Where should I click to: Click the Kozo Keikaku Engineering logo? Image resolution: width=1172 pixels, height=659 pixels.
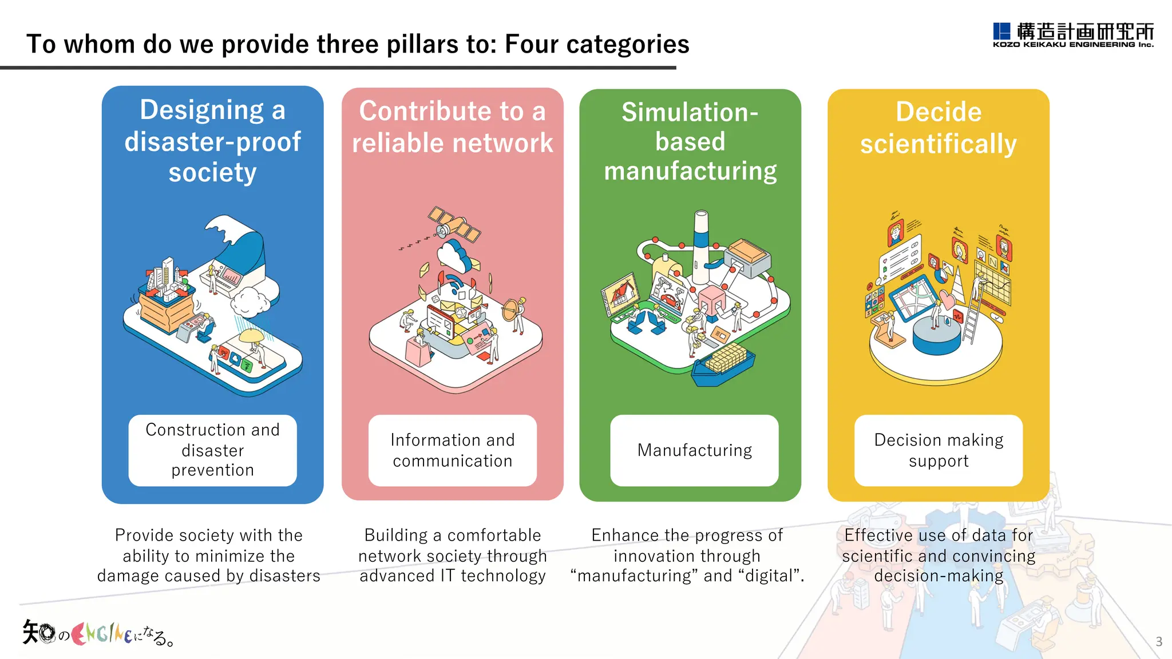pos(1073,35)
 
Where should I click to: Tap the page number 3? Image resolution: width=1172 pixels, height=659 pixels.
pos(1159,641)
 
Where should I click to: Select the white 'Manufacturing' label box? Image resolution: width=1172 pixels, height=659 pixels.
pos(694,450)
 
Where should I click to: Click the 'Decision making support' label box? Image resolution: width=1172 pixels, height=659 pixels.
pos(939,450)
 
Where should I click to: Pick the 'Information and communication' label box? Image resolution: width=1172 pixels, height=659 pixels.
pos(452,450)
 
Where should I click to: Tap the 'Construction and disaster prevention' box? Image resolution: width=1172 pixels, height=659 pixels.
pos(212,450)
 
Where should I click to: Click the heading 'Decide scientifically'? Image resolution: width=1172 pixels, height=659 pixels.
pos(939,128)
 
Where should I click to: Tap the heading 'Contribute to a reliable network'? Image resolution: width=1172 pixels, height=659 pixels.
pos(452,127)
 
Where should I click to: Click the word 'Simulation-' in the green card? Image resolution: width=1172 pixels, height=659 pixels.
pos(690,112)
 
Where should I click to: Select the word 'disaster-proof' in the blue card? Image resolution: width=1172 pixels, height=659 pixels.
pos(212,141)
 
